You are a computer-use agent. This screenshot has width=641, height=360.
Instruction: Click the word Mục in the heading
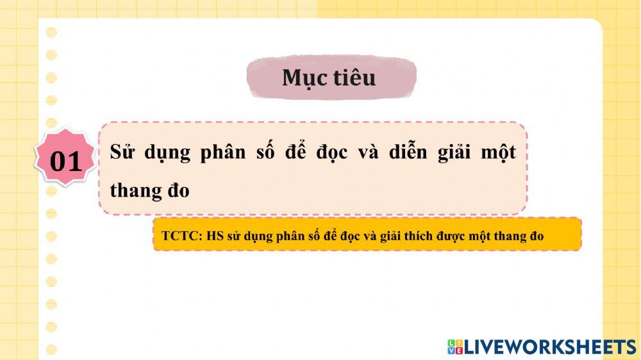(x=303, y=78)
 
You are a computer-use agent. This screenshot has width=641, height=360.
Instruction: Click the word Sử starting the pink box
(x=123, y=153)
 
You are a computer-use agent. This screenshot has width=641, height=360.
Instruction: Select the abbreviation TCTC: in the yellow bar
(x=182, y=236)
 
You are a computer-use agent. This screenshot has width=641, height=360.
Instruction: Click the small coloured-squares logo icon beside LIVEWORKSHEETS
(x=454, y=347)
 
